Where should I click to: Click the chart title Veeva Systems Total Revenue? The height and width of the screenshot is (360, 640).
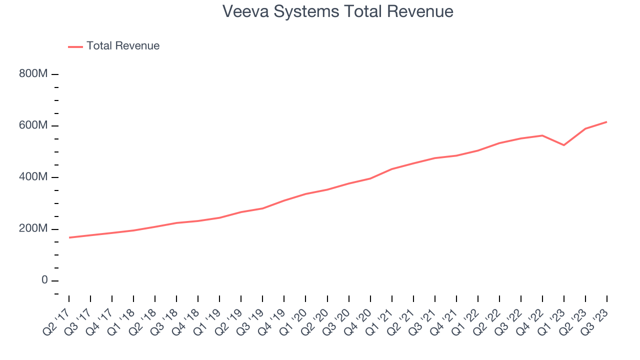[x=338, y=11]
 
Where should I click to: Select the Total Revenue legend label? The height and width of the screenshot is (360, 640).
[x=123, y=46]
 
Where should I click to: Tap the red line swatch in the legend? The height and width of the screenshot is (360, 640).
[x=75, y=46]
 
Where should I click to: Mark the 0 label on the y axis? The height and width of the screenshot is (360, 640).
[x=44, y=280]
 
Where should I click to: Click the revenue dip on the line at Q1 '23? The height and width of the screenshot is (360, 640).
[x=564, y=145]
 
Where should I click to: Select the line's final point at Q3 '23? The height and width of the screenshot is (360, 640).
[x=606, y=122]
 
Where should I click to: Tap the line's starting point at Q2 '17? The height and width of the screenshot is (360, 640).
[x=69, y=237]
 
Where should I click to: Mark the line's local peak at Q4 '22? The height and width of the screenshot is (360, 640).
[x=542, y=135]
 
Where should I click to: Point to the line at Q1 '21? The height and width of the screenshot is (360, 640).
[x=392, y=169]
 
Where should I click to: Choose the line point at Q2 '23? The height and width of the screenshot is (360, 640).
[x=585, y=128]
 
